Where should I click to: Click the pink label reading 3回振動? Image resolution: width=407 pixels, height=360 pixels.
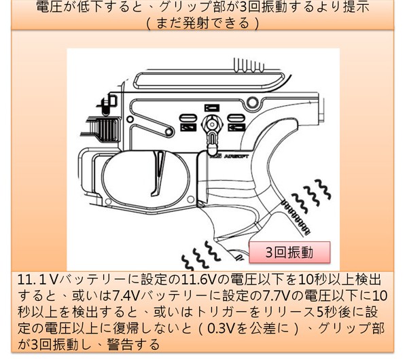(x=289, y=252)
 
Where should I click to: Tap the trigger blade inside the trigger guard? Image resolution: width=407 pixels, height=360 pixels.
(x=158, y=173)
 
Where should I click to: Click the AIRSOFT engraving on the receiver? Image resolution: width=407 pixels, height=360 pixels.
(x=236, y=156)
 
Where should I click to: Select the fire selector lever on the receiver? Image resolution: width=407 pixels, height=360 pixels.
(x=212, y=135)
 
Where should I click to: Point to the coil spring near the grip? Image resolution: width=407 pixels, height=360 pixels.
(x=295, y=217)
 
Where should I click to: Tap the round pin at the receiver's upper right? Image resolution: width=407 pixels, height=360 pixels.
(x=252, y=103)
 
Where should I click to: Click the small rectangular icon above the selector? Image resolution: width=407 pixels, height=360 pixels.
(x=212, y=107)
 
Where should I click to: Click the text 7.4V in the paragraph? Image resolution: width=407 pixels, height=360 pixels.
(x=126, y=295)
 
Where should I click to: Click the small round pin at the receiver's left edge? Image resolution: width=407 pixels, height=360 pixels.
(x=130, y=120)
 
